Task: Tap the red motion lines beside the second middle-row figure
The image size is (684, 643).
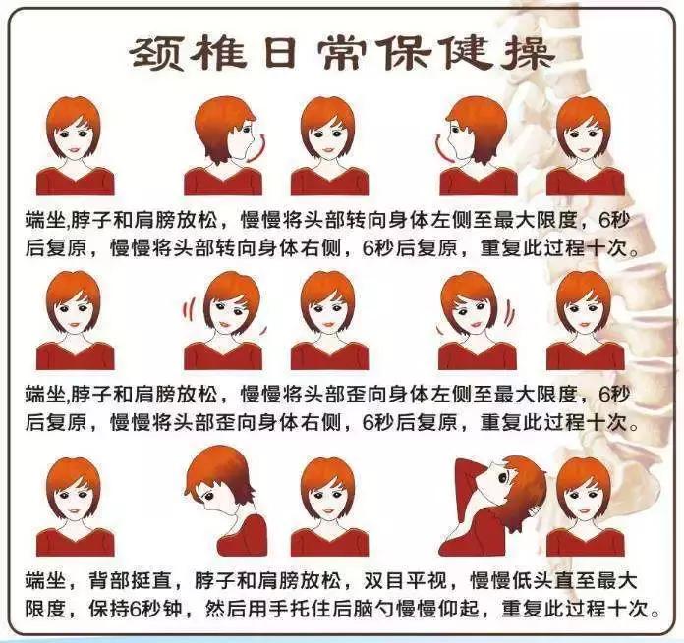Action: click(185, 310)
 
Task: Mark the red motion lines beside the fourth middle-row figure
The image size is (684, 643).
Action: click(508, 311)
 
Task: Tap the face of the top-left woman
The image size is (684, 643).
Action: click(73, 138)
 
